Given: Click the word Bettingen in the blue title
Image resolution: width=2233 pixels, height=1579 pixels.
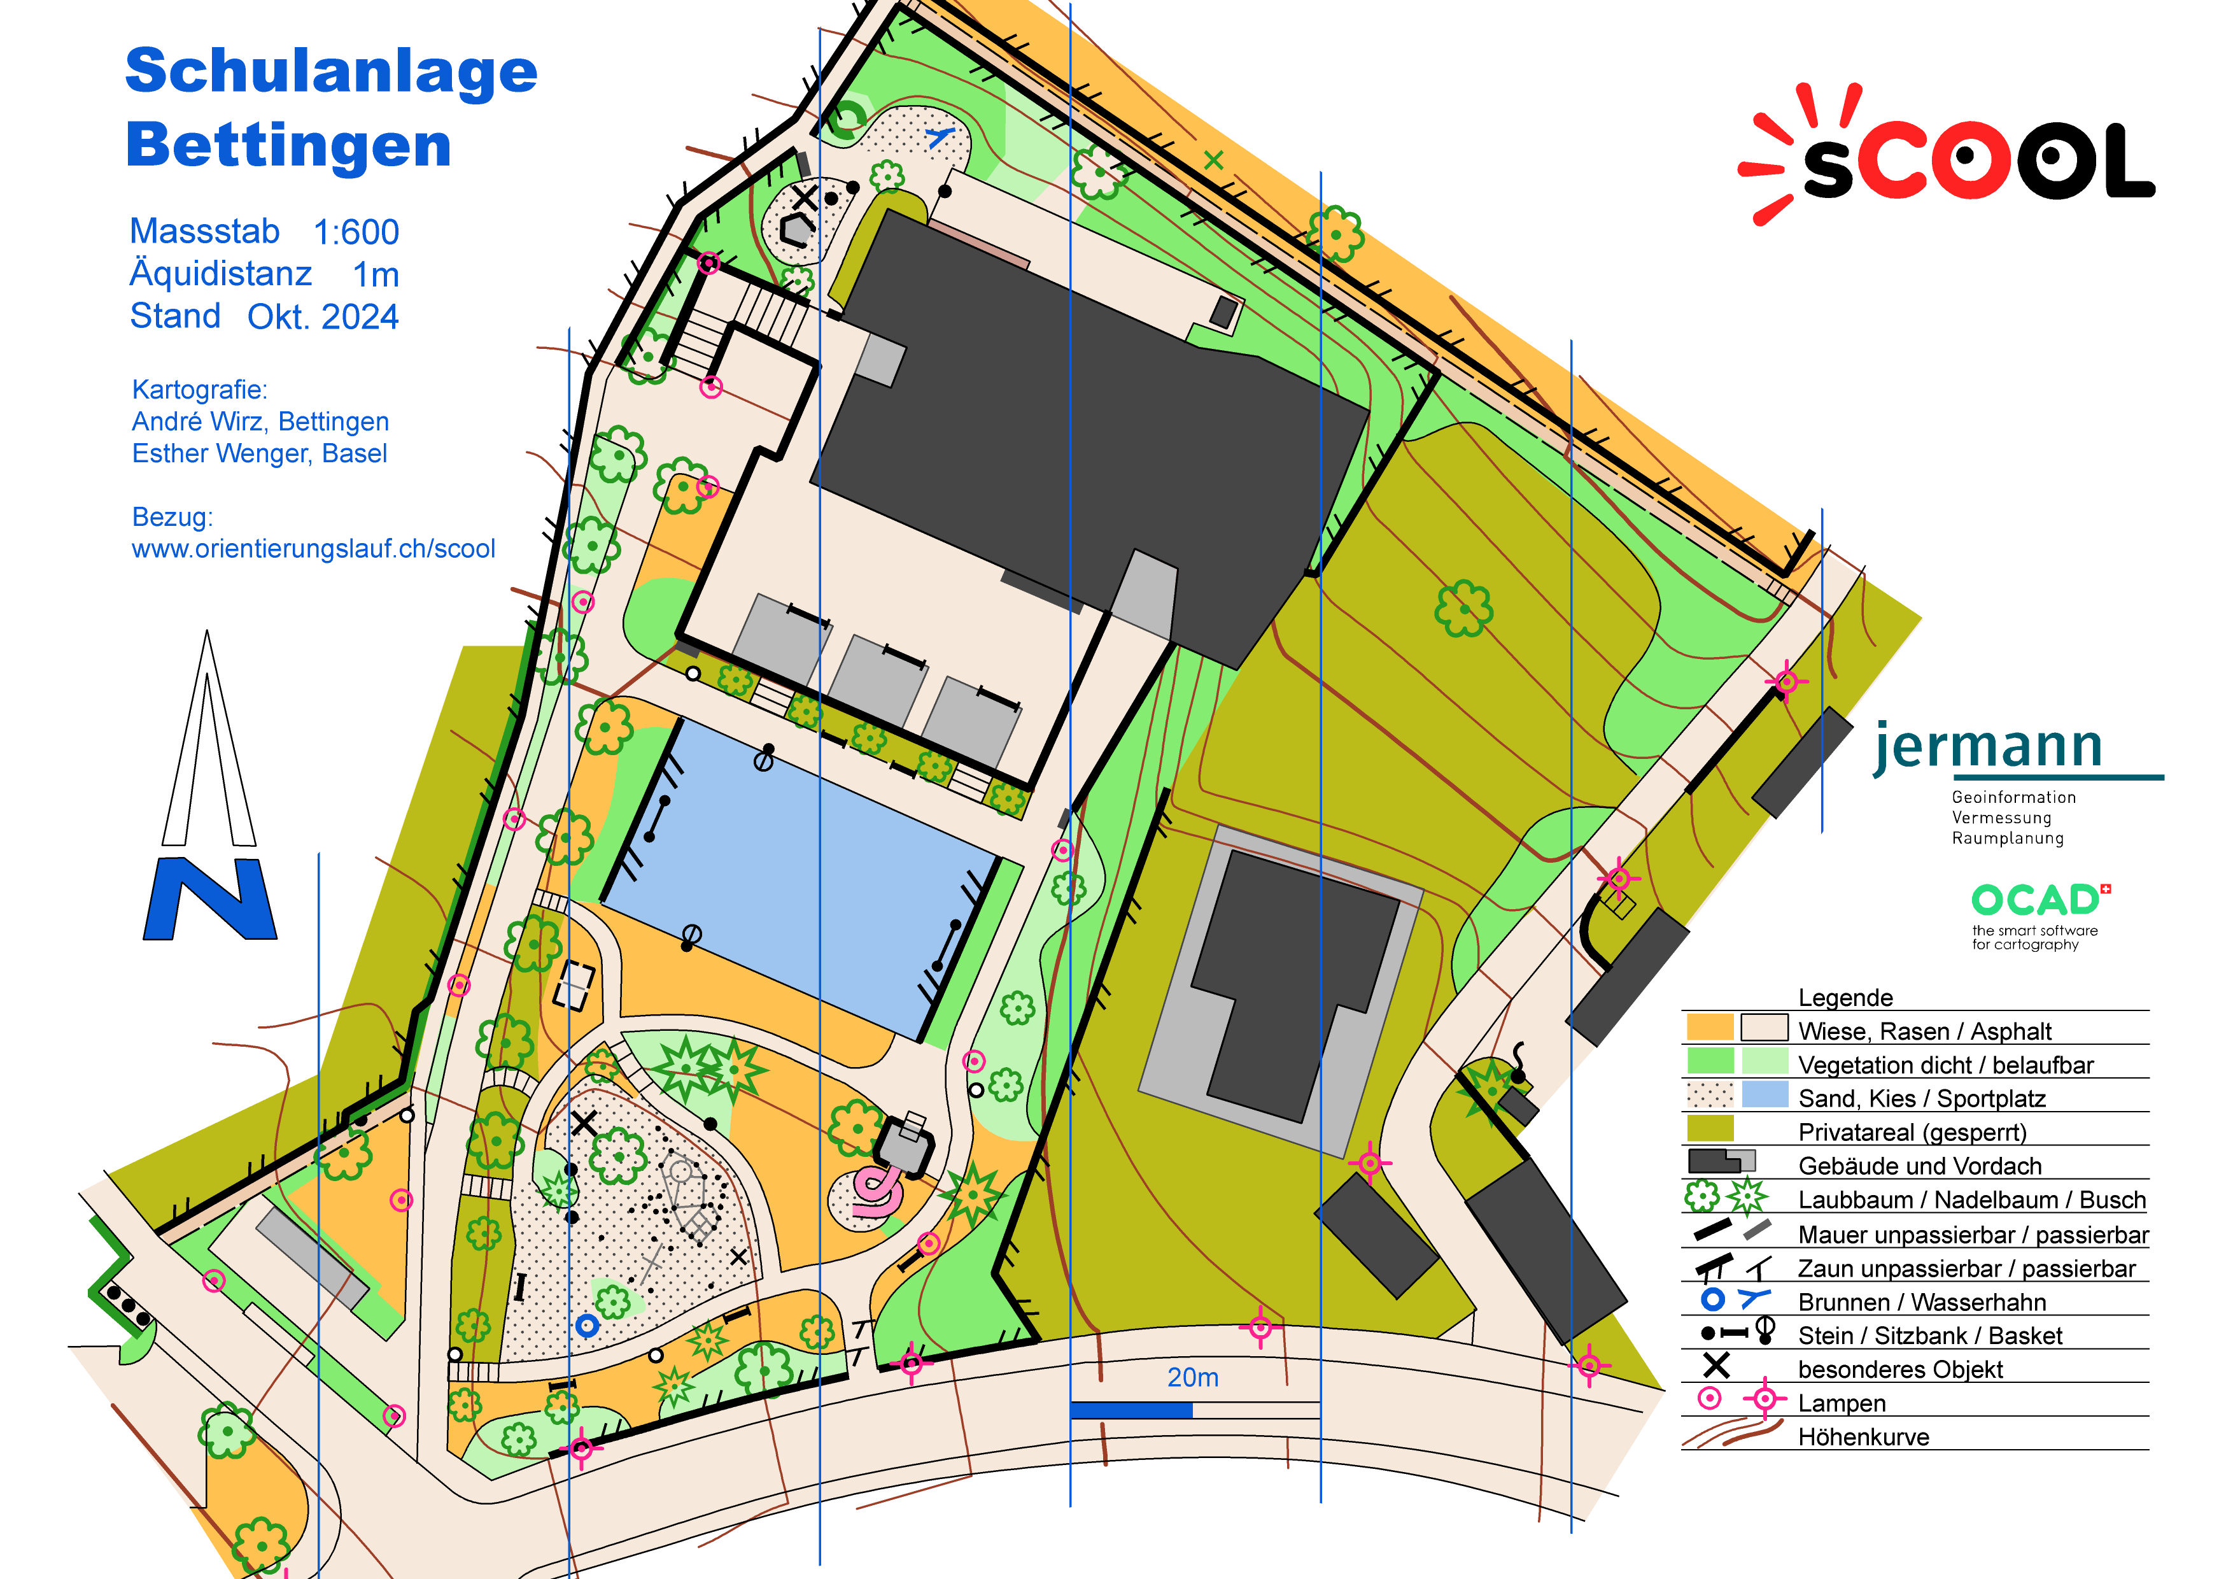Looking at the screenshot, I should tap(288, 146).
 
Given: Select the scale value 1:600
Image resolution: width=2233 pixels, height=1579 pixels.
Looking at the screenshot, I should tap(356, 232).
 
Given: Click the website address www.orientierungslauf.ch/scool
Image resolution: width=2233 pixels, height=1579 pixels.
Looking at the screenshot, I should tap(313, 549).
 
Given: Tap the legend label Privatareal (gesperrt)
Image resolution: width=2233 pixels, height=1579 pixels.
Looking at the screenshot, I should tap(1912, 1133).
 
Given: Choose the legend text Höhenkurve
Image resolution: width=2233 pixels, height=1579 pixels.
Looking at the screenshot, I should tap(1863, 1437).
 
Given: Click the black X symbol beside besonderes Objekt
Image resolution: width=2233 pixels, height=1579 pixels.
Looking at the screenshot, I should tap(1717, 1367).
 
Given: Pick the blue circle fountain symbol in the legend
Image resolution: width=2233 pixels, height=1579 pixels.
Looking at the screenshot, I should tap(1713, 1299).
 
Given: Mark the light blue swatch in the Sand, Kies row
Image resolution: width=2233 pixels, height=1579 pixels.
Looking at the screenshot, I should tap(1765, 1094).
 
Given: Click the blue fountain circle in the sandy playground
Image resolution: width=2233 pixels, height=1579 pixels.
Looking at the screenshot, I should tap(586, 1325).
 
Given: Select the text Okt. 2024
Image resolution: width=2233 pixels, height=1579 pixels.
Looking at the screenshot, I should tap(323, 317).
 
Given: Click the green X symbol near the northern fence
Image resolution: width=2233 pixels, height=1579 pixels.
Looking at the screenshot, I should tap(1213, 160).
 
